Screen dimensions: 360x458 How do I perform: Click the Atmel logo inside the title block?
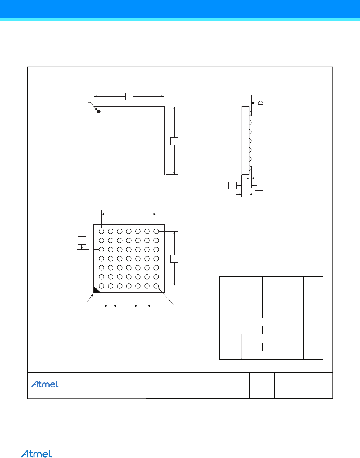[45, 384]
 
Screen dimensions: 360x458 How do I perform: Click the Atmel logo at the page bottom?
[36, 453]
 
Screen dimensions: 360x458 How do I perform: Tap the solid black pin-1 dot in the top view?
[99, 111]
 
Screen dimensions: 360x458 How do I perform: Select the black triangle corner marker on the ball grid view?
[96, 290]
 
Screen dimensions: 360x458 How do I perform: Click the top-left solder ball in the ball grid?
[101, 231]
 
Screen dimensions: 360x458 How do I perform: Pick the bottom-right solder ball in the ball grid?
[156, 286]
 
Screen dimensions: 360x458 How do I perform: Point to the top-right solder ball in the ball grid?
[156, 231]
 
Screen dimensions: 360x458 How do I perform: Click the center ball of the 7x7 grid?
[129, 259]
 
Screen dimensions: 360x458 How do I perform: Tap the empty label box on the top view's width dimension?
[129, 96]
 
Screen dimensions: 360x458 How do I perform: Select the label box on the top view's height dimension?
[174, 141]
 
